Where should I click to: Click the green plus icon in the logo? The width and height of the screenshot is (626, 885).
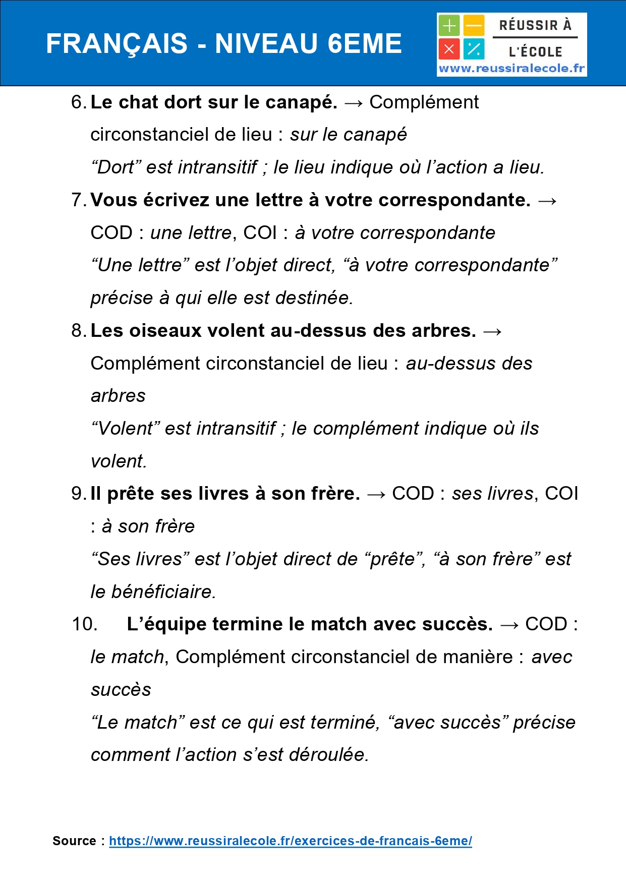[448, 26]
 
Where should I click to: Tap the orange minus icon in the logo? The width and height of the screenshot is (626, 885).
[474, 26]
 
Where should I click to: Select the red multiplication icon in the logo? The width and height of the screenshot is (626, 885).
[448, 49]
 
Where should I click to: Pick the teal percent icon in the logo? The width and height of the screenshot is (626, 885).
[474, 49]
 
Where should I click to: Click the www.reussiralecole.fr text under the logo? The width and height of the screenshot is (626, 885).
[511, 69]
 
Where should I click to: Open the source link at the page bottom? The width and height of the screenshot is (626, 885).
[290, 841]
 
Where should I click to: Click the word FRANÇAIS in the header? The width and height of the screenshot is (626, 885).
[117, 44]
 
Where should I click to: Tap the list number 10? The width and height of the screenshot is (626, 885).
[84, 624]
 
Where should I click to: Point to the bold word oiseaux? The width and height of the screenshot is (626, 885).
[166, 331]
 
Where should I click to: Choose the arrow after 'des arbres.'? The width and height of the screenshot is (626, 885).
[492, 331]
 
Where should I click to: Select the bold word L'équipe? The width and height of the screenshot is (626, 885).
[166, 624]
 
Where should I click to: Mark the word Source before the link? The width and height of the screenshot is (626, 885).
[74, 841]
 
